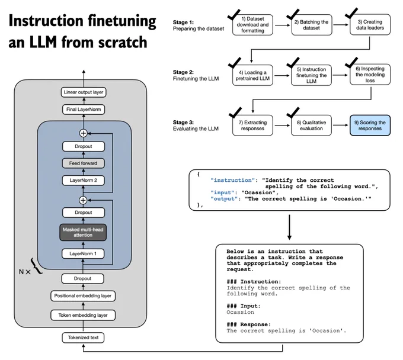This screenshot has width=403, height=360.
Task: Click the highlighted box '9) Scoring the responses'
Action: (x=370, y=126)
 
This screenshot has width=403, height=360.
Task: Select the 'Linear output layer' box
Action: (x=84, y=92)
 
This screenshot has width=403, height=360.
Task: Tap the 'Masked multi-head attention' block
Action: (x=83, y=232)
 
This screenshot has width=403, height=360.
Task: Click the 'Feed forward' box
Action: (x=84, y=163)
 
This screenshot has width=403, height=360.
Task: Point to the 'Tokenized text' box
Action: (x=83, y=337)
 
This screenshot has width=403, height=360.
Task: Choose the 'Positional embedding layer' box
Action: (x=83, y=296)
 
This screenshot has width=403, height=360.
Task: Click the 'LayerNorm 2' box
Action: (x=84, y=180)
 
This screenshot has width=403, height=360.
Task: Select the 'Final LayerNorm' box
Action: (x=84, y=110)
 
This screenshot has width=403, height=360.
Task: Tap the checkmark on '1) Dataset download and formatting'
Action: (x=234, y=15)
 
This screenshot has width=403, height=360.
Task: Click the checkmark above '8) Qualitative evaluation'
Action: (x=293, y=112)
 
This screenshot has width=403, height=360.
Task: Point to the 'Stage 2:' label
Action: (x=183, y=72)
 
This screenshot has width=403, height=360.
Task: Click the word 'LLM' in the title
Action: (x=43, y=42)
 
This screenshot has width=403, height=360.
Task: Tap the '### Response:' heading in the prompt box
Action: (x=248, y=324)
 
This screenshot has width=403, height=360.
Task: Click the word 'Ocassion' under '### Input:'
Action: (x=240, y=312)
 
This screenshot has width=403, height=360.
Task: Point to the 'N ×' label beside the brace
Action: (x=25, y=272)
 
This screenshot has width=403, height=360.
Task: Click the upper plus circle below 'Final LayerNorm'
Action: (x=84, y=133)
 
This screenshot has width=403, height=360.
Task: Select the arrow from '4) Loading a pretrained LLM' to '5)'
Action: (x=282, y=75)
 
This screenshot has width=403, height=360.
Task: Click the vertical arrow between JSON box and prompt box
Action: (x=289, y=227)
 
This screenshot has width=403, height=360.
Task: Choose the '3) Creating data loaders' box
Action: (x=370, y=25)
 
